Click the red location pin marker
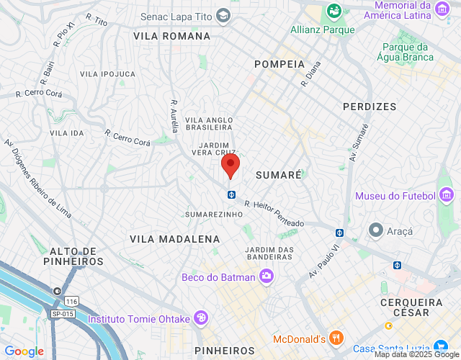[x=230, y=166]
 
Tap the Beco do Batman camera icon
[x=267, y=276]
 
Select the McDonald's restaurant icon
[x=336, y=338]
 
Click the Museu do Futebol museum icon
[x=447, y=195]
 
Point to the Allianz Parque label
[x=323, y=30]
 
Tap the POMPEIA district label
[x=279, y=64]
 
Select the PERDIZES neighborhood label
[x=370, y=107]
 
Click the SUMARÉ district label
[x=278, y=174]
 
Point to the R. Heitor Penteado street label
[x=274, y=214]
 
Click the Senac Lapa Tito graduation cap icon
[x=223, y=15]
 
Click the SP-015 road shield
[x=62, y=313]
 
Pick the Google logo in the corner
[x=24, y=351]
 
